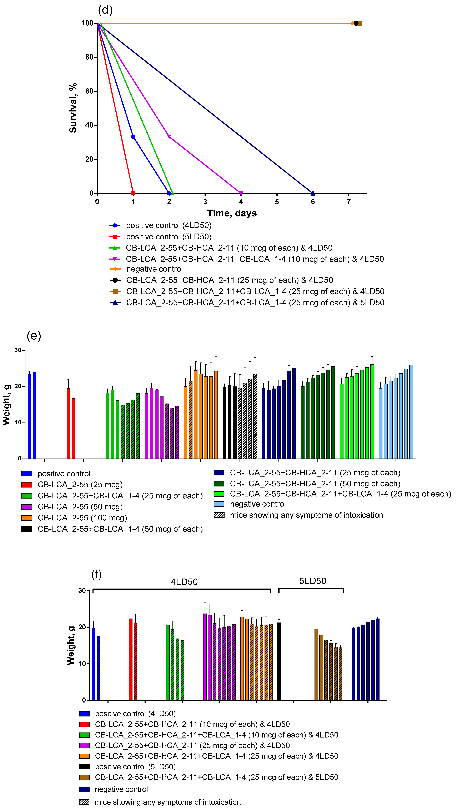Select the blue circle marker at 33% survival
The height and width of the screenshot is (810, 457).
[133, 137]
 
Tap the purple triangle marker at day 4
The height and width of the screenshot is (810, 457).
[241, 193]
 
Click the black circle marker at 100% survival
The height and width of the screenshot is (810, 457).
[356, 23]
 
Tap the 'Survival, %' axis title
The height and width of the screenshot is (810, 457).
[73, 108]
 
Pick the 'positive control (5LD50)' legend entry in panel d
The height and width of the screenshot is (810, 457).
[169, 236]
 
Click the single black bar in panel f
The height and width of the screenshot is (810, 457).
[279, 661]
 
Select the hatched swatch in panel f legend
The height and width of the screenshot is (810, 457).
[84, 802]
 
